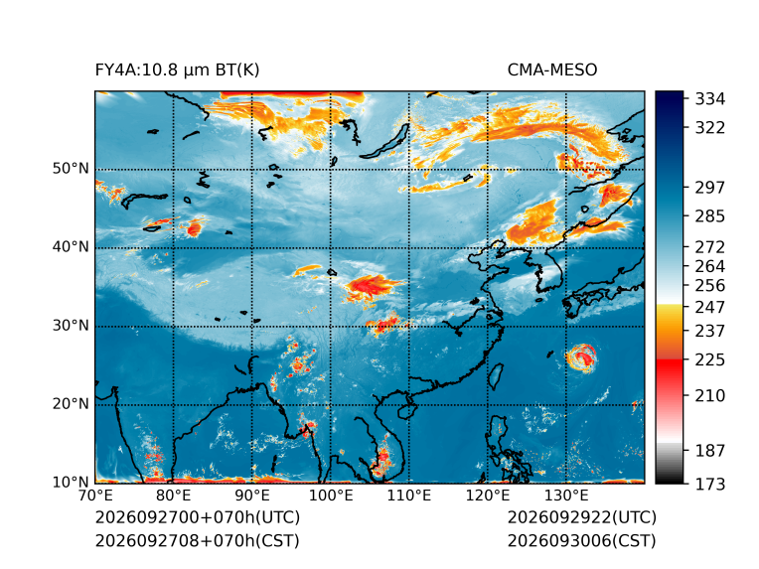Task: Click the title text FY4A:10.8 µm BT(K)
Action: (177, 71)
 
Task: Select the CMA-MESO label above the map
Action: (552, 71)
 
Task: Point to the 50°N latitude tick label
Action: (71, 169)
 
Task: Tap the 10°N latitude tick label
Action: (71, 482)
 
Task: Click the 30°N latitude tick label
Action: (71, 325)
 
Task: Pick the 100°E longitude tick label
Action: (331, 496)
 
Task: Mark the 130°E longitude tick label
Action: (566, 496)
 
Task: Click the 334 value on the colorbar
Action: (710, 98)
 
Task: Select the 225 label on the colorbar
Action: (710, 360)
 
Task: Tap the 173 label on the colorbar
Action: (710, 484)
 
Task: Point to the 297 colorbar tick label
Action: (710, 188)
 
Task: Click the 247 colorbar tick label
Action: (710, 307)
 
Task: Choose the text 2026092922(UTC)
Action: (582, 517)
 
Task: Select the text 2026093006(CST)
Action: (582, 540)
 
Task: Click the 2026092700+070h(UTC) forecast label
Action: (198, 517)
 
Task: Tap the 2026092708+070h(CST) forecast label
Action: (198, 540)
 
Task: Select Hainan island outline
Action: (407, 411)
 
